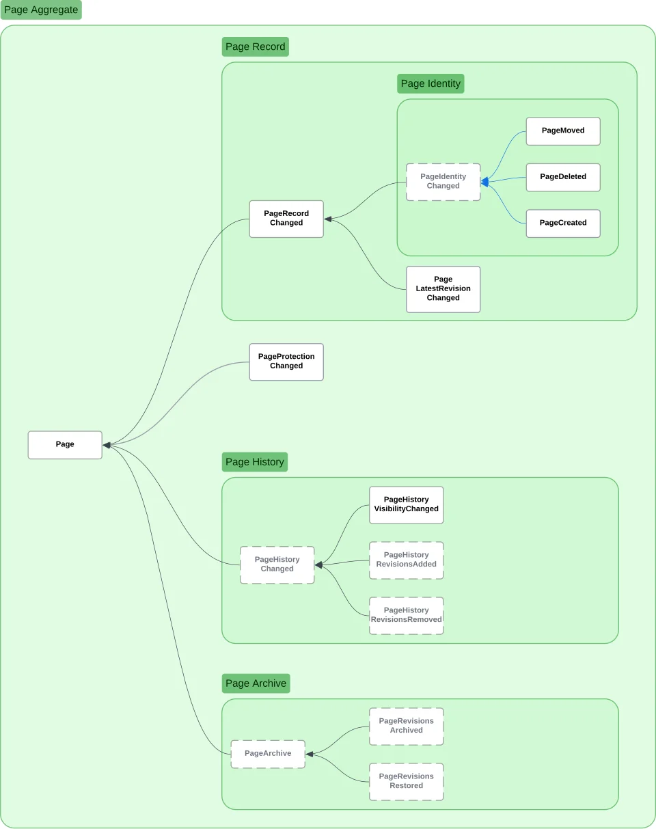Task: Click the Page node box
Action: [65, 444]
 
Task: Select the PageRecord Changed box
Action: [286, 219]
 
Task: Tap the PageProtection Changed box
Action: [286, 362]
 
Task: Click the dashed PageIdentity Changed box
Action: [443, 182]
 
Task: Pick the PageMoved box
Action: [563, 131]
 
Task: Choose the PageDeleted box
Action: [563, 177]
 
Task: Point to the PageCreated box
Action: [563, 223]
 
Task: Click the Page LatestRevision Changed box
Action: [443, 289]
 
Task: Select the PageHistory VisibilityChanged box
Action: [406, 504]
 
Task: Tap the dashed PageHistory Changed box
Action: [277, 565]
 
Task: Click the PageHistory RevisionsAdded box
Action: [406, 560]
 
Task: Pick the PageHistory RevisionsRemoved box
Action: [406, 616]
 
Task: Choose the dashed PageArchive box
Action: [268, 754]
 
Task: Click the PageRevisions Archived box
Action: [406, 726]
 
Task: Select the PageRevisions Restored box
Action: [406, 782]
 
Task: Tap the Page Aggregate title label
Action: [41, 10]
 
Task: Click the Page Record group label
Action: [255, 46]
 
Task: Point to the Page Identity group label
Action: [430, 83]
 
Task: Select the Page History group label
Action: [255, 462]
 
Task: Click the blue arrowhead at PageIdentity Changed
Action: [484, 182]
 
